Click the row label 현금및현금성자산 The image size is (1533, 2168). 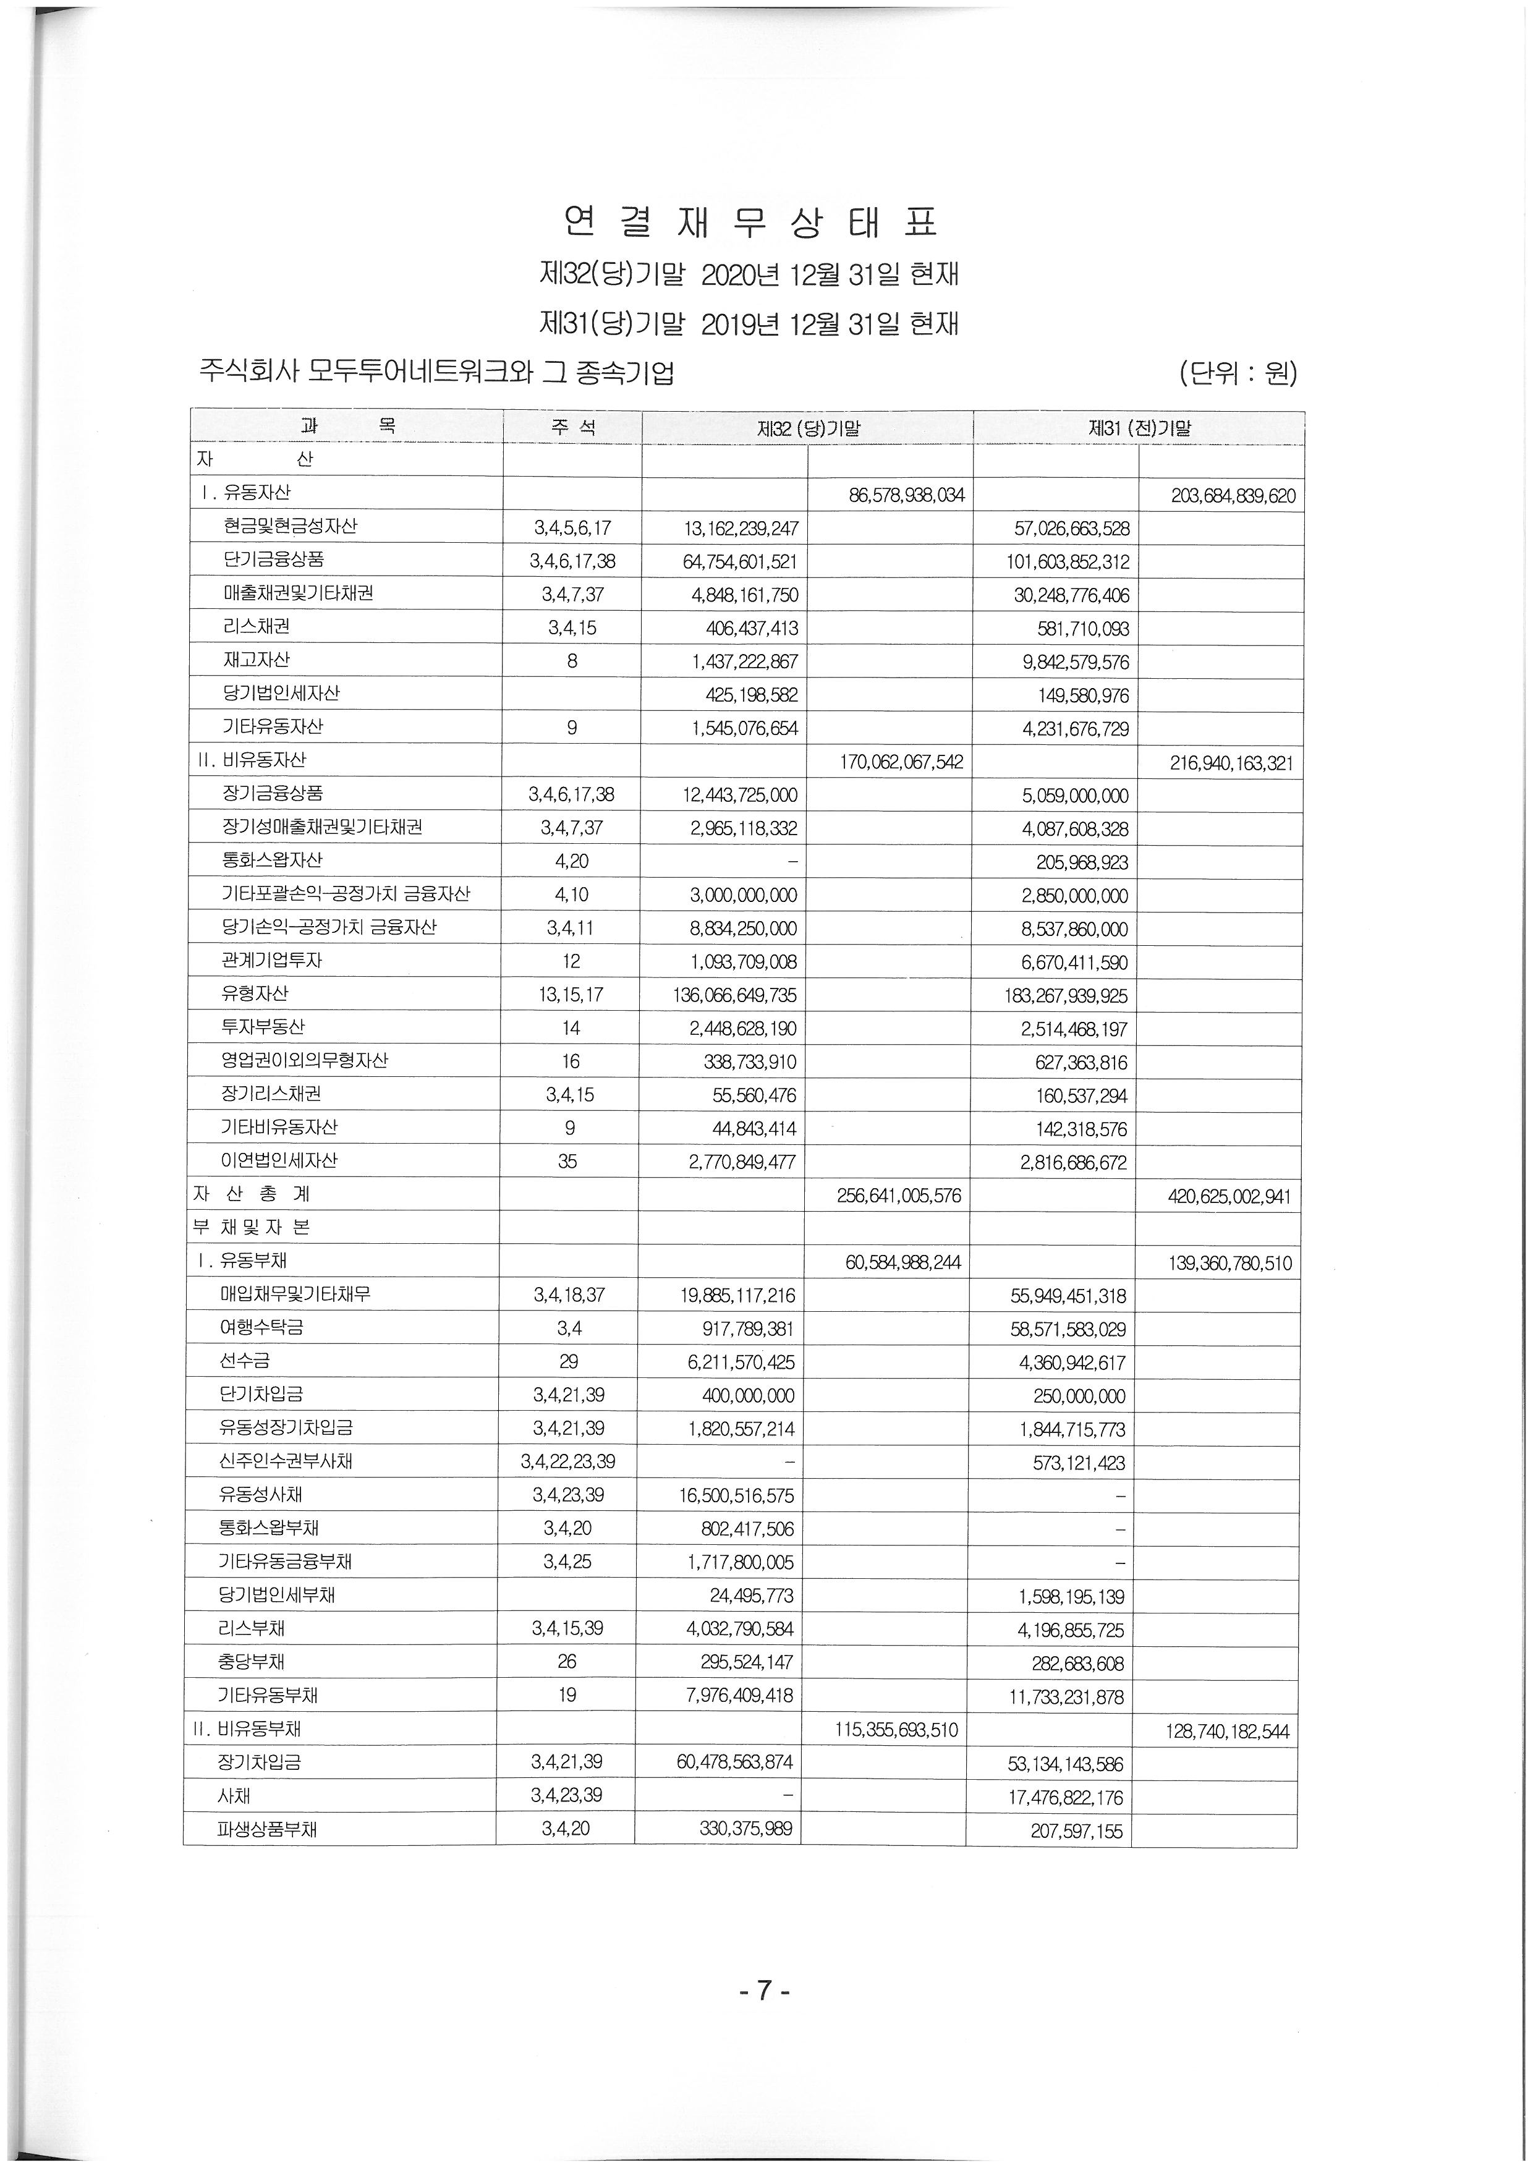[290, 526]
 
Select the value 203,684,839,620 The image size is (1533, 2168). [1233, 496]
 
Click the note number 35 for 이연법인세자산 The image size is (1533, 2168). [567, 1162]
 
